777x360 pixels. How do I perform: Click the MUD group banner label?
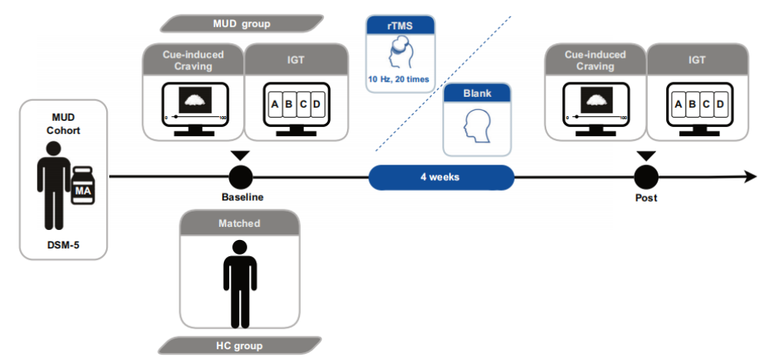[242, 23]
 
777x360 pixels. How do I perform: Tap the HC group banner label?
[239, 345]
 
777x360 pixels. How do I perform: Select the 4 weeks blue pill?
[441, 177]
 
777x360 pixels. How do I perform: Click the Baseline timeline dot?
[240, 177]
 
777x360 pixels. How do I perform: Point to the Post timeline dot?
[646, 177]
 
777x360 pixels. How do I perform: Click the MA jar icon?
[83, 185]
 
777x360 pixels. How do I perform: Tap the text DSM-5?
[63, 243]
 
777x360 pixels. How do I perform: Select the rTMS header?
[400, 25]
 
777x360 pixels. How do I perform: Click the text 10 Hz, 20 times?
[399, 79]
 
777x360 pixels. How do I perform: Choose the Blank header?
[476, 93]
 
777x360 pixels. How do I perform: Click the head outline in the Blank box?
[476, 126]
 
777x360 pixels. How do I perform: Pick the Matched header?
[239, 223]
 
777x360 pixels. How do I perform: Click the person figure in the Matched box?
[240, 284]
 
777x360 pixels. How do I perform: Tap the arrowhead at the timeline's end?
[750, 177]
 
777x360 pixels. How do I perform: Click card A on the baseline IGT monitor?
[275, 105]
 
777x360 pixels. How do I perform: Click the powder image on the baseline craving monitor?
[195, 100]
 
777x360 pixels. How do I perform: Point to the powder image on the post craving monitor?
[597, 100]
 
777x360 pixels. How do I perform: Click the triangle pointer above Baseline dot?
[240, 155]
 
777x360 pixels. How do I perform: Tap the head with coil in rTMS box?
[399, 53]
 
